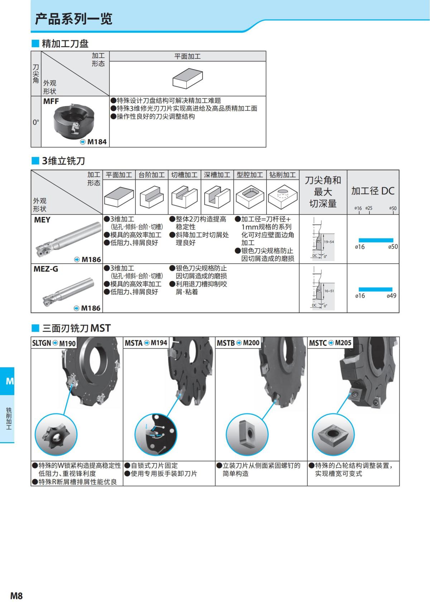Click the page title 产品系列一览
pyautogui.click(x=73, y=19)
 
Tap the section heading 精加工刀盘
pyautogui.click(x=65, y=44)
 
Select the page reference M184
pyautogui.click(x=97, y=142)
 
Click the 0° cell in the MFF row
pyautogui.click(x=36, y=122)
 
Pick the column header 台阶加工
pyautogui.click(x=152, y=175)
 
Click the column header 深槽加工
pyautogui.click(x=217, y=175)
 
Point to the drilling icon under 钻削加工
pyautogui.click(x=283, y=197)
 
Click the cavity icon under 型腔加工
pyautogui.click(x=250, y=197)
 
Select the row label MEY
pyautogui.click(x=42, y=220)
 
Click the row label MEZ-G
pyautogui.click(x=46, y=269)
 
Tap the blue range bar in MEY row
pyautogui.click(x=376, y=240)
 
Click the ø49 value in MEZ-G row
pyautogui.click(x=391, y=296)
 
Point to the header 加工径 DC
pyautogui.click(x=373, y=191)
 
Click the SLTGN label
pyautogui.click(x=42, y=343)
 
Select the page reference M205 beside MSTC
pyautogui.click(x=343, y=343)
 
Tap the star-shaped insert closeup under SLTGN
pyautogui.click(x=56, y=434)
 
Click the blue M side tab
pyautogui.click(x=8, y=381)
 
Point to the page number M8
pyautogui.click(x=16, y=595)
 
